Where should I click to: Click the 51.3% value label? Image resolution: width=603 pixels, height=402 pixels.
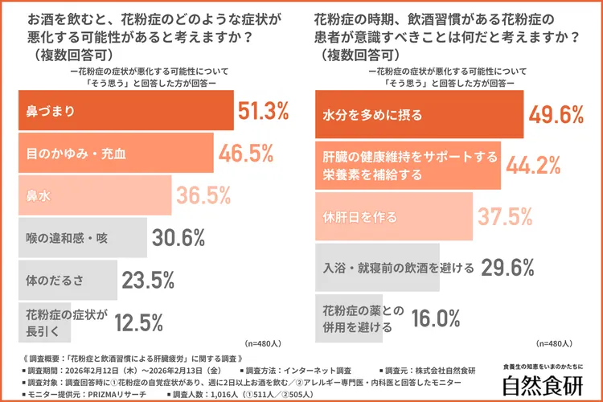263,111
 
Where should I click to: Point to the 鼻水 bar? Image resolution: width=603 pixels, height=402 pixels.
93,195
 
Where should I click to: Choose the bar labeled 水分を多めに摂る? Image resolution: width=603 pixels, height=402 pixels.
418,113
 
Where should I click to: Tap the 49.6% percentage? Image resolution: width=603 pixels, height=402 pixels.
556,113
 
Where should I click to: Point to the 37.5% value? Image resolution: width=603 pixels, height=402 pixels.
506,216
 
